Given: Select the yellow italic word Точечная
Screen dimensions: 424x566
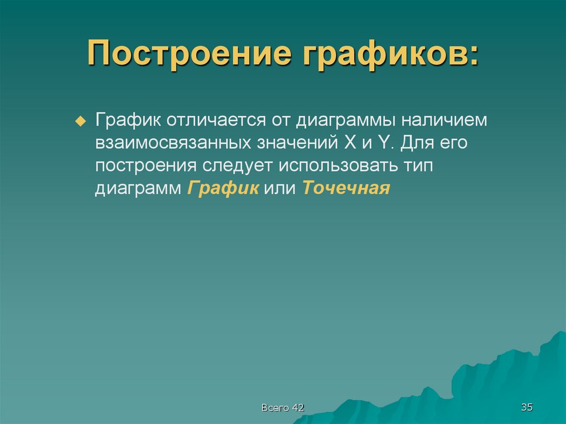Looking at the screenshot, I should [347, 188].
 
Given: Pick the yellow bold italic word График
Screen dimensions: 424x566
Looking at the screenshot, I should [223, 189].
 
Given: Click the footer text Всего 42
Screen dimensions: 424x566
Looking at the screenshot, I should [282, 408].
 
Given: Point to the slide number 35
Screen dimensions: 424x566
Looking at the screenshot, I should [526, 407].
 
